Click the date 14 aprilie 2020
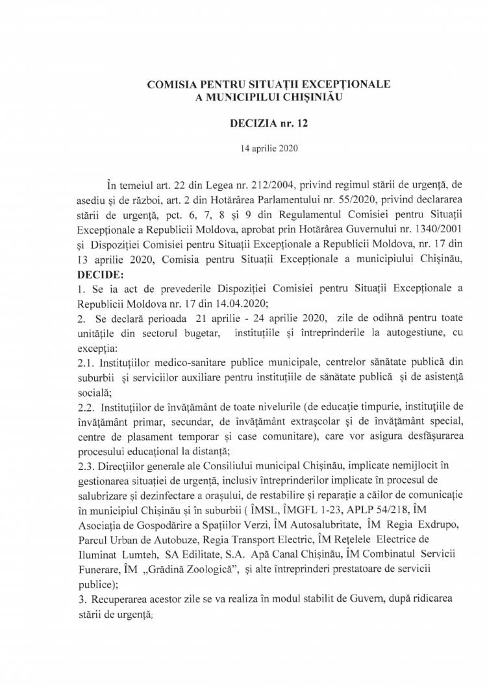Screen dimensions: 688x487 click(x=268, y=148)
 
